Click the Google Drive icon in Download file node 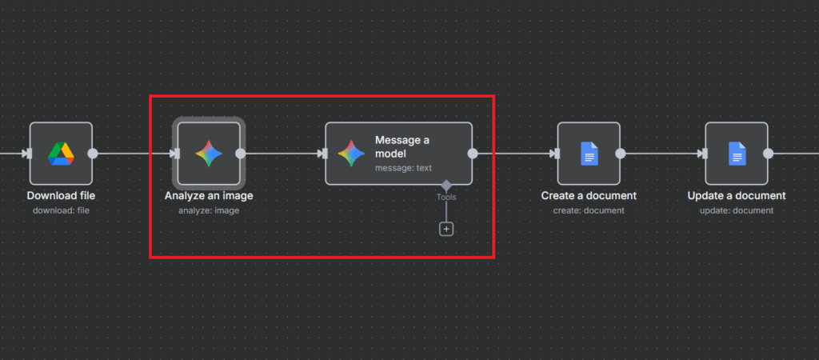coord(61,154)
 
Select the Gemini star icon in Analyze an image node coord(209,154)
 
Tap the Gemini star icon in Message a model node coord(351,154)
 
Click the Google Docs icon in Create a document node coord(589,154)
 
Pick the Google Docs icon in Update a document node coord(737,154)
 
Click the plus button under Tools coord(446,229)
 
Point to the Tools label coord(446,197)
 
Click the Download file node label coord(61,196)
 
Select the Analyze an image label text coord(209,196)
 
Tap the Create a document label coord(589,196)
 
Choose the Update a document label coord(737,196)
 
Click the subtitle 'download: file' coord(61,210)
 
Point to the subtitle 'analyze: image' coord(209,210)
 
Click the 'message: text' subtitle coord(403,168)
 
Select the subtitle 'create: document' coord(589,210)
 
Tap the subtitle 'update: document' coord(737,210)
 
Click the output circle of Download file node coord(93,154)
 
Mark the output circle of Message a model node coord(473,154)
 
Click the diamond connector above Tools coord(446,186)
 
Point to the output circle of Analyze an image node coord(241,154)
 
